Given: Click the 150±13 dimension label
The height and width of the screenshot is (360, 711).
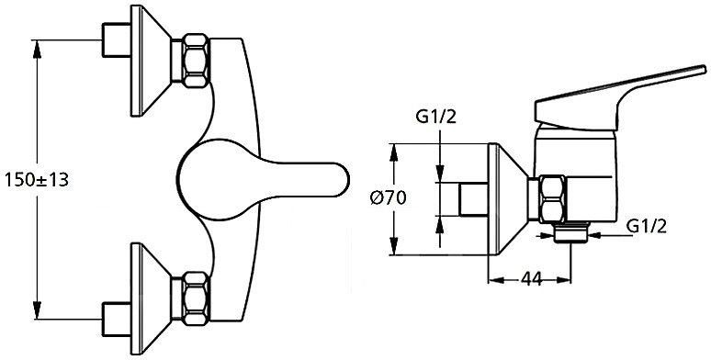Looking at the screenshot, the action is click(37, 180).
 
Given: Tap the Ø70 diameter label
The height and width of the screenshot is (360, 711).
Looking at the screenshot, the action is click(389, 198).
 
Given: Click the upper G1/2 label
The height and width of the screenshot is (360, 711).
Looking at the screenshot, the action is click(436, 117).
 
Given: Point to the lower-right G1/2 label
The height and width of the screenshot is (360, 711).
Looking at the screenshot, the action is click(647, 226).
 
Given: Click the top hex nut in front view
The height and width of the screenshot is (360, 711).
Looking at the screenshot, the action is click(196, 61).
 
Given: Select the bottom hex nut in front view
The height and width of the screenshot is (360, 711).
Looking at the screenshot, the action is click(196, 298).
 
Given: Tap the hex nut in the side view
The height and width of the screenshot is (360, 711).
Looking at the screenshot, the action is click(553, 199).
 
